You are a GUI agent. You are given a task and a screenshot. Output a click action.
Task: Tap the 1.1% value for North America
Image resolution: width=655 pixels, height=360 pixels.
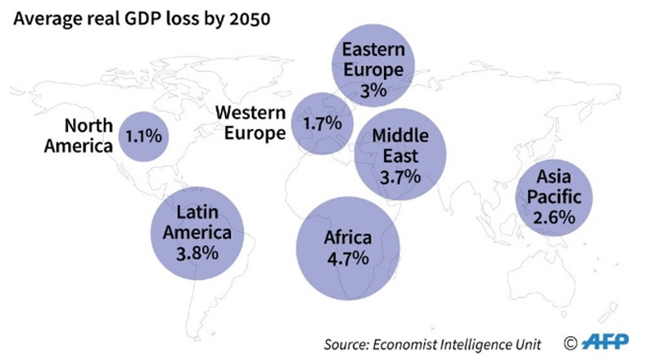(143, 136)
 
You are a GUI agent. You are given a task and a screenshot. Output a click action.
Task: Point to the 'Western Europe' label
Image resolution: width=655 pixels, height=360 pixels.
(251, 122)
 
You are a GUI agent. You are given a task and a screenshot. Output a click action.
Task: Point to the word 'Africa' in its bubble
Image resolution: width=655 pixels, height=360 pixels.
(348, 238)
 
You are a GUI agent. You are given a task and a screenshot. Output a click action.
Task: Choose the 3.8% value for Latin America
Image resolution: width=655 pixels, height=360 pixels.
(197, 253)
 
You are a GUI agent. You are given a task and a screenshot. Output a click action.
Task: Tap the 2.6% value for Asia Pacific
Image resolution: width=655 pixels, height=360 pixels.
(556, 218)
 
